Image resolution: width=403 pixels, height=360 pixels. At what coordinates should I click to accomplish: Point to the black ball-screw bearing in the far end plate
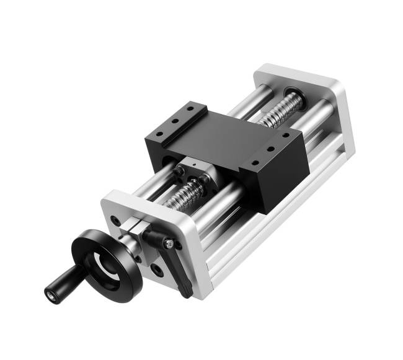click(291, 95)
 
